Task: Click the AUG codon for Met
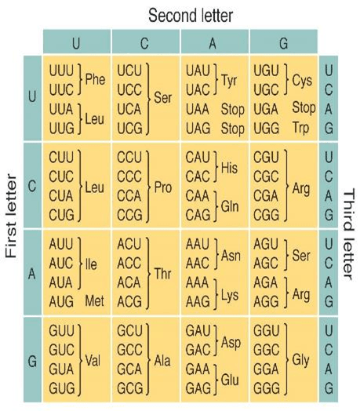click(61, 301)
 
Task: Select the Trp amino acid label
click(300, 128)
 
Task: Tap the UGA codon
click(266, 109)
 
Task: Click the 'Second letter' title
click(191, 16)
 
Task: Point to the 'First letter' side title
click(11, 215)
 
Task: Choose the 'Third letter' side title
click(349, 234)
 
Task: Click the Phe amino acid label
click(95, 79)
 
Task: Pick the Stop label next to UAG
click(233, 129)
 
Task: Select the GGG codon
click(266, 388)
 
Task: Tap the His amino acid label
click(229, 168)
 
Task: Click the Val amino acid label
click(93, 361)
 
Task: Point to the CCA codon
click(129, 196)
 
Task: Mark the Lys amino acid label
click(230, 295)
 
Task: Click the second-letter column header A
click(213, 43)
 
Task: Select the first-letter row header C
click(32, 187)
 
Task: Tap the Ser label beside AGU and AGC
click(301, 255)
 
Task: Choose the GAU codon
click(198, 330)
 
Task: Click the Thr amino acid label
click(162, 274)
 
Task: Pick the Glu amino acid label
click(230, 380)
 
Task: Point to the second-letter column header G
click(284, 43)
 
